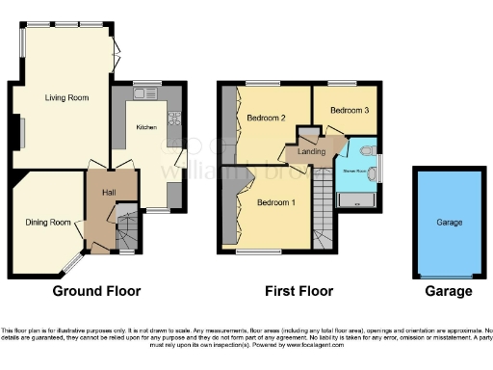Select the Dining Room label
48,223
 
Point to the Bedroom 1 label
275,203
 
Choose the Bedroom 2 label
267,119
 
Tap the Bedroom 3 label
349,111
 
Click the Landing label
310,151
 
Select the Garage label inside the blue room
449,222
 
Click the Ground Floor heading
95,291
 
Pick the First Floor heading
298,291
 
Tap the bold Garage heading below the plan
449,291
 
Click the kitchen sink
146,93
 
